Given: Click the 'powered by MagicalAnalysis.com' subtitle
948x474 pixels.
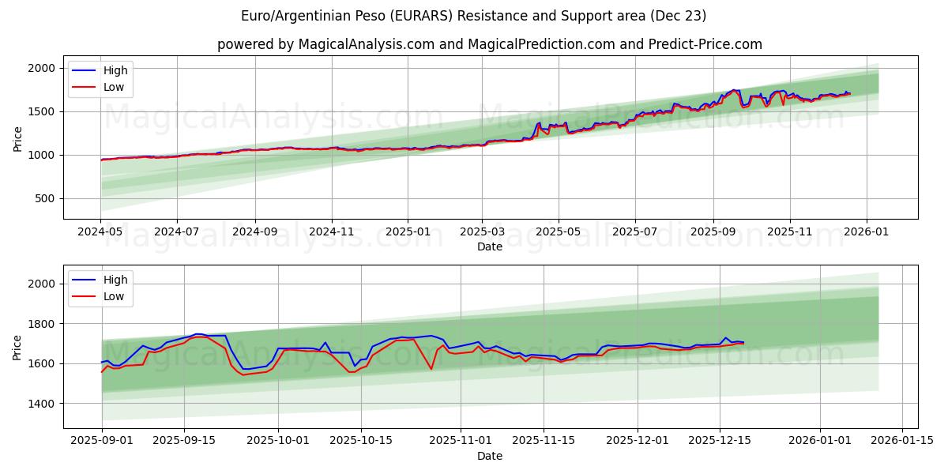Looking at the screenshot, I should [x=490, y=44].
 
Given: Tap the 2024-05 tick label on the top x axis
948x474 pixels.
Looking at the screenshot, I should [x=100, y=232].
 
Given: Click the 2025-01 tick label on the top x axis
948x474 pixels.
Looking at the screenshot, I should [x=408, y=232].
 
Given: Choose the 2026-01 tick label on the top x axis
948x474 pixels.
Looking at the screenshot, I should [x=867, y=232].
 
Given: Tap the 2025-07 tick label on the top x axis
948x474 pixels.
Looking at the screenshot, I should [x=635, y=232].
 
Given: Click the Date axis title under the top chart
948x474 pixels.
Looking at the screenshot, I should [x=490, y=246].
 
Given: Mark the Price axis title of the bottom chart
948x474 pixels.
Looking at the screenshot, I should [x=17, y=347].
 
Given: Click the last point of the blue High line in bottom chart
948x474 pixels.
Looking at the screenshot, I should [x=743, y=342].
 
